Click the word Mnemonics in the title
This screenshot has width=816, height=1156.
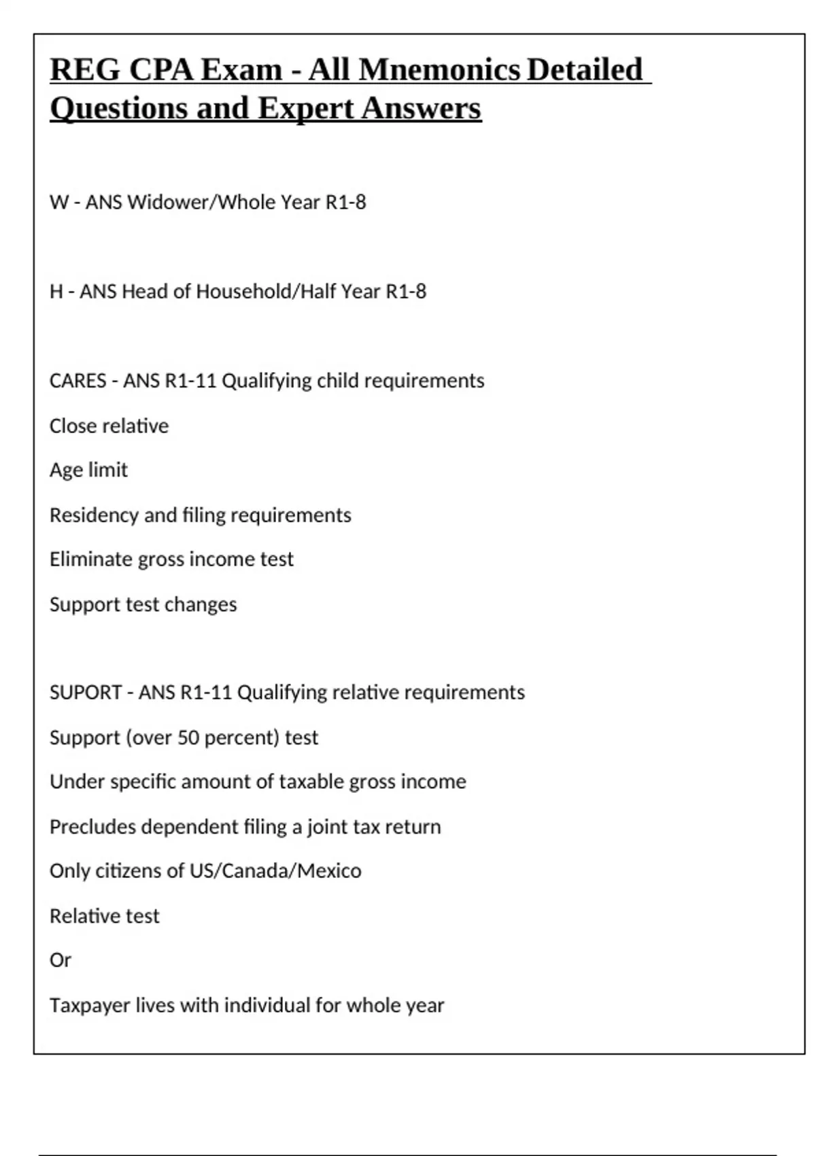(x=439, y=70)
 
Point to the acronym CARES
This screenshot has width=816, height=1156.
(x=78, y=381)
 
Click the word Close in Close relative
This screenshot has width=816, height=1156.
(x=71, y=426)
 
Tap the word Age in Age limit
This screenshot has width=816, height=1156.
(x=66, y=471)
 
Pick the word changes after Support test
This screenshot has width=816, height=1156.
(x=205, y=605)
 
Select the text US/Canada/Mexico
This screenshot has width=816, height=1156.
(x=275, y=871)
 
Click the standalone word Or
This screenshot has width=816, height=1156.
(x=61, y=960)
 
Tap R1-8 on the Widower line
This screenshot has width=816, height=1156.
(x=345, y=202)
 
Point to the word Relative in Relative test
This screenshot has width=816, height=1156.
(x=76, y=916)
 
